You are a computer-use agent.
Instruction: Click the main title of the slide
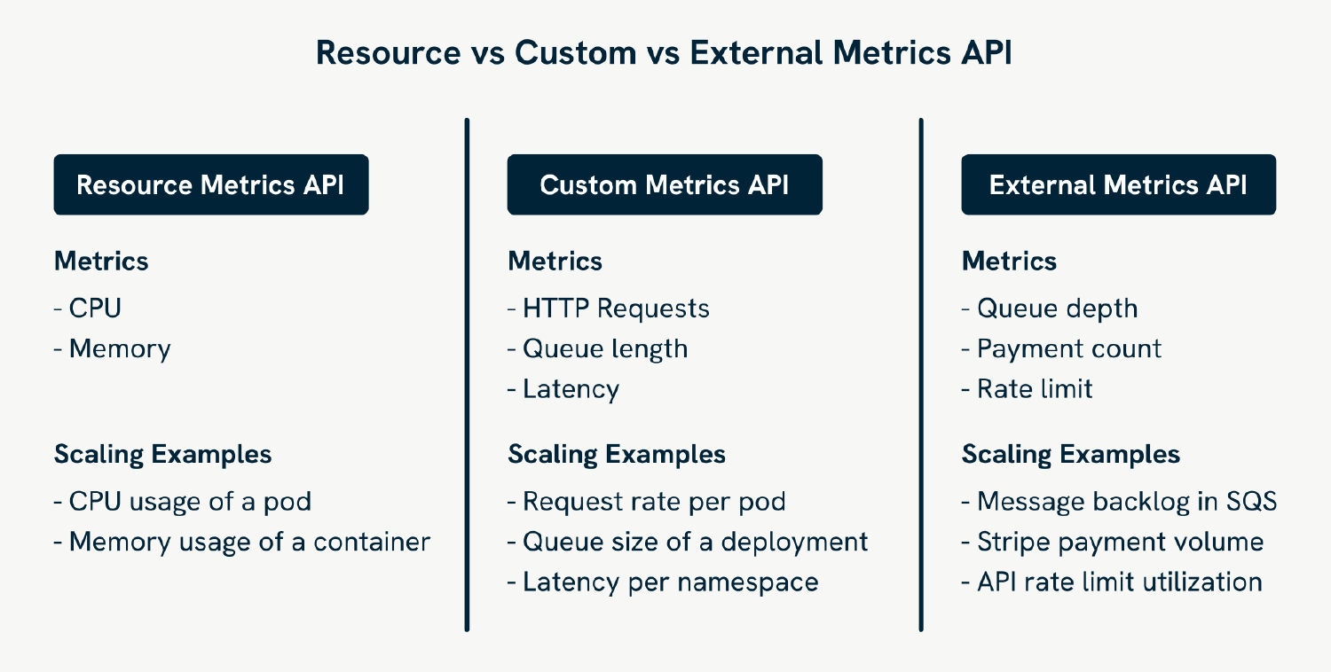pyautogui.click(x=664, y=53)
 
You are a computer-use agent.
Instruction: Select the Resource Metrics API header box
pyautogui.click(x=210, y=184)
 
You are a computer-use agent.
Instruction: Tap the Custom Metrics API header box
pyautogui.click(x=664, y=184)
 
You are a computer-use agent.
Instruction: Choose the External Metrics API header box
pyautogui.click(x=1118, y=184)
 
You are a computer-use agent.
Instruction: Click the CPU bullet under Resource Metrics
pyautogui.click(x=88, y=309)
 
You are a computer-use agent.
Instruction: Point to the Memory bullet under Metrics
pyautogui.click(x=113, y=348)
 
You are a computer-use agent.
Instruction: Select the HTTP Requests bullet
pyautogui.click(x=609, y=309)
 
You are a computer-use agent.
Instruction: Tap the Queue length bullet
pyautogui.click(x=598, y=348)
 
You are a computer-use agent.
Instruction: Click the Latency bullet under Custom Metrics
pyautogui.click(x=564, y=389)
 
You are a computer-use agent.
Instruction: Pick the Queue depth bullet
pyautogui.click(x=1050, y=309)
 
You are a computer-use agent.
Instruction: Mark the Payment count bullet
pyautogui.click(x=1062, y=348)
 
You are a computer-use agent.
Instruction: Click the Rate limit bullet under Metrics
pyautogui.click(x=1028, y=389)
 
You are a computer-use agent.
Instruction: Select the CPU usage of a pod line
pyautogui.click(x=183, y=502)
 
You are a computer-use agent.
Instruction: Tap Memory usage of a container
pyautogui.click(x=242, y=542)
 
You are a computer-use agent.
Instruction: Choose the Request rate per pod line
pyautogui.click(x=647, y=502)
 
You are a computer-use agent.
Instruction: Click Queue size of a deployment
pyautogui.click(x=688, y=542)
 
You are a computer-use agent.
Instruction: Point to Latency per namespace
pyautogui.click(x=663, y=582)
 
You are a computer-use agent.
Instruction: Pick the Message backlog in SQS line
pyautogui.click(x=1120, y=502)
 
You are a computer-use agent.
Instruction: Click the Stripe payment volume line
pyautogui.click(x=1113, y=542)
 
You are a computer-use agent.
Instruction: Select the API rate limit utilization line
pyautogui.click(x=1112, y=582)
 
